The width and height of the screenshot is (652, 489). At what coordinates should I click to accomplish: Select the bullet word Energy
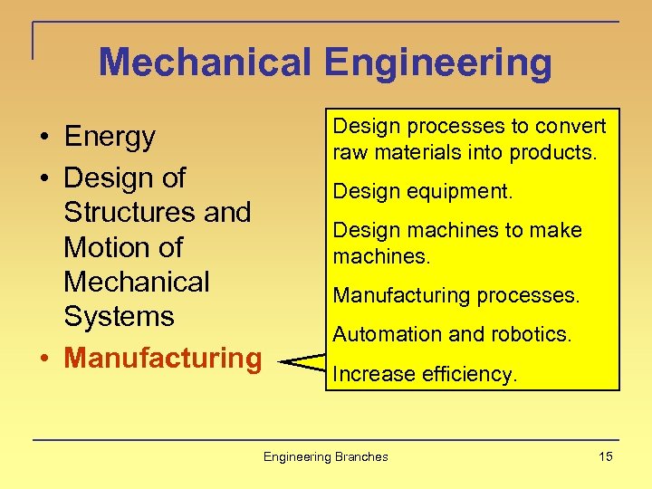click(x=110, y=137)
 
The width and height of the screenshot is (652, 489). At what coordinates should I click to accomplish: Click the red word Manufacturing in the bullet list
click(x=163, y=358)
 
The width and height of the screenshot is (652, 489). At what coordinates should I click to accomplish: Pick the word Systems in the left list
click(x=119, y=317)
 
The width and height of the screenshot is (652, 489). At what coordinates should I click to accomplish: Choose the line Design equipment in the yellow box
click(x=423, y=191)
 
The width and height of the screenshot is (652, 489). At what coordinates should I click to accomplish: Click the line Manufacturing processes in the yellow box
click(x=456, y=295)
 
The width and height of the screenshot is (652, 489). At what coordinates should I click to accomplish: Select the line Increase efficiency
click(x=425, y=373)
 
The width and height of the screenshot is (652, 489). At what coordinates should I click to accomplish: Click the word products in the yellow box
click(x=558, y=152)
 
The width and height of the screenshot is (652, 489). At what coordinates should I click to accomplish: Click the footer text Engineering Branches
click(x=325, y=456)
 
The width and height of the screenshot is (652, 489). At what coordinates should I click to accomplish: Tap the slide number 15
click(x=605, y=456)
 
